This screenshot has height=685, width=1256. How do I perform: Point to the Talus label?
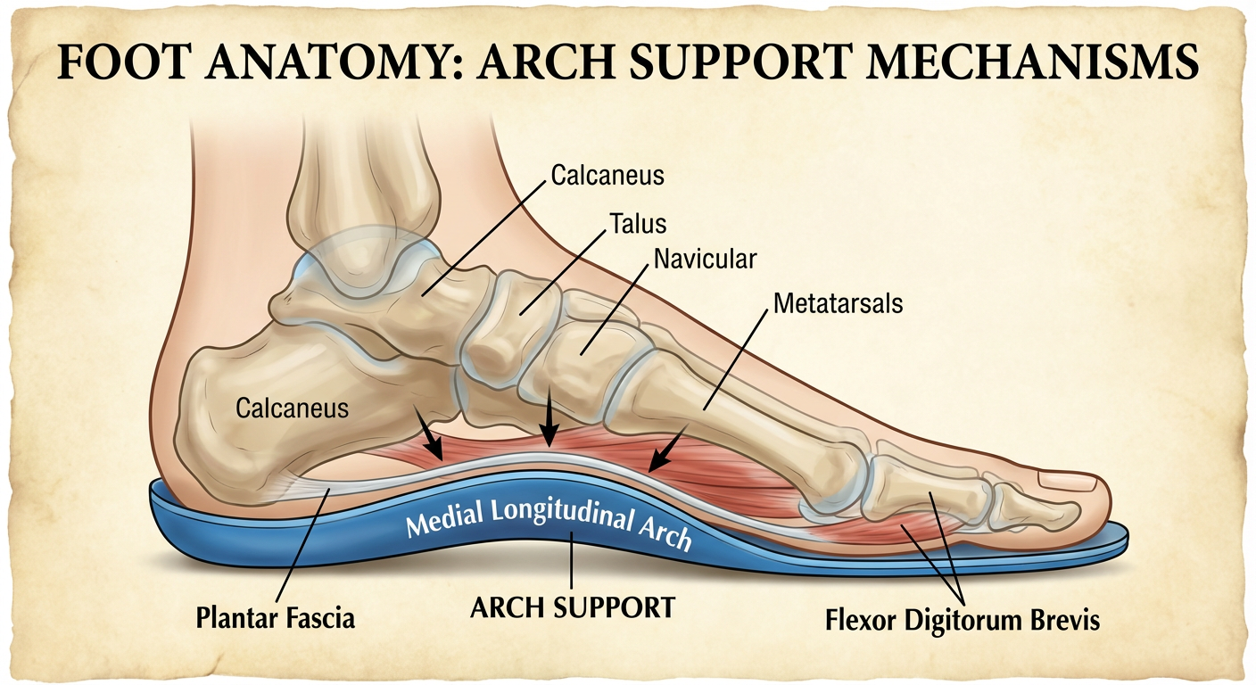coord(638,221)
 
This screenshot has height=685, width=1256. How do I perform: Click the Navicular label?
coord(705,260)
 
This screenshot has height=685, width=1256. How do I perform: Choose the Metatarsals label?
coord(838,303)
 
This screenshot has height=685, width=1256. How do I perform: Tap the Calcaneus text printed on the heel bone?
coord(292,409)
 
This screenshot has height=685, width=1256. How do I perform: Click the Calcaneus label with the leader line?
coord(607,175)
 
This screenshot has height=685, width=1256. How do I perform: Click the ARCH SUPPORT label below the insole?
coord(572,609)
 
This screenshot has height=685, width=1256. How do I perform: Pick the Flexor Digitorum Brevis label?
coord(960,619)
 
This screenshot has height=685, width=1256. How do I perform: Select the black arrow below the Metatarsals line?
coord(666,451)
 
